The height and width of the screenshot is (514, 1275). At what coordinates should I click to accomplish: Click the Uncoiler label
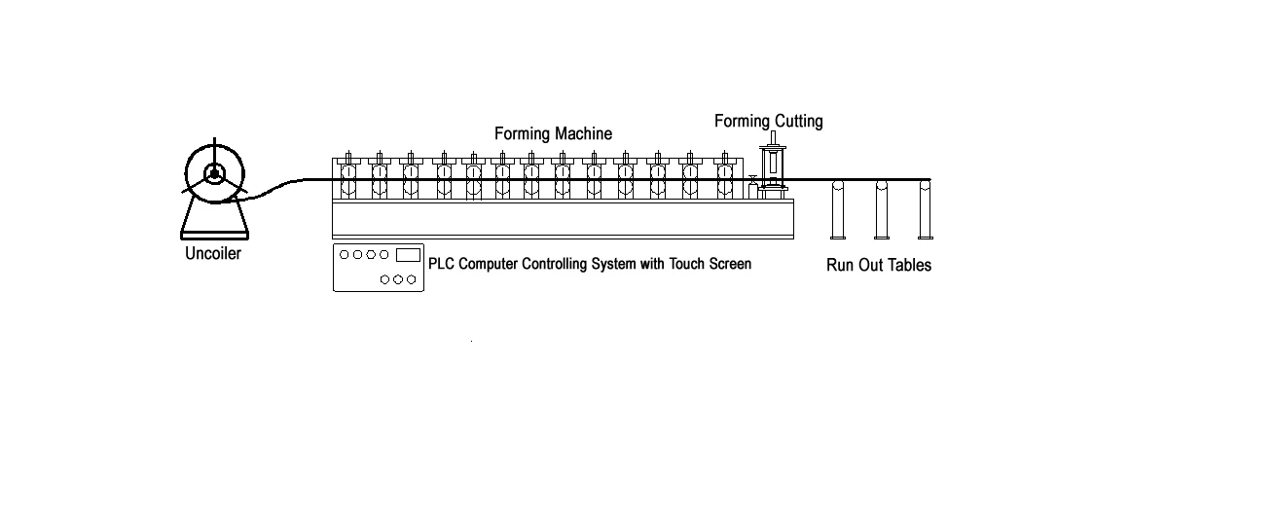coord(212,255)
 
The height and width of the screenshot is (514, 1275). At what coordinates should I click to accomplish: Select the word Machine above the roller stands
coord(584,133)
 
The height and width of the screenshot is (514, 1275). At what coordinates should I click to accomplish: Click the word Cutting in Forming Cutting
coord(798,122)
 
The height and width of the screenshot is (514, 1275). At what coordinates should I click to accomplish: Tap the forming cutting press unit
coord(773,170)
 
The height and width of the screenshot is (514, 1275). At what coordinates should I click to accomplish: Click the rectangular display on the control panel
coord(408,255)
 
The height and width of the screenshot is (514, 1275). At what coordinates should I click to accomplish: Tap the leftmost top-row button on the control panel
coord(344,254)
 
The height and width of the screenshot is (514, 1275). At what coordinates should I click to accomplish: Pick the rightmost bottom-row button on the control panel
coord(412,279)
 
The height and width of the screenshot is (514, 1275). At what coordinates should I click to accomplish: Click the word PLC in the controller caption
coord(442,264)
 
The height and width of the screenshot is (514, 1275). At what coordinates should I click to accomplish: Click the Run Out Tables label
coord(879,265)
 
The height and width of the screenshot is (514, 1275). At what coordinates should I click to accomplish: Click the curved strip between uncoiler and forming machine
coord(277,187)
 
